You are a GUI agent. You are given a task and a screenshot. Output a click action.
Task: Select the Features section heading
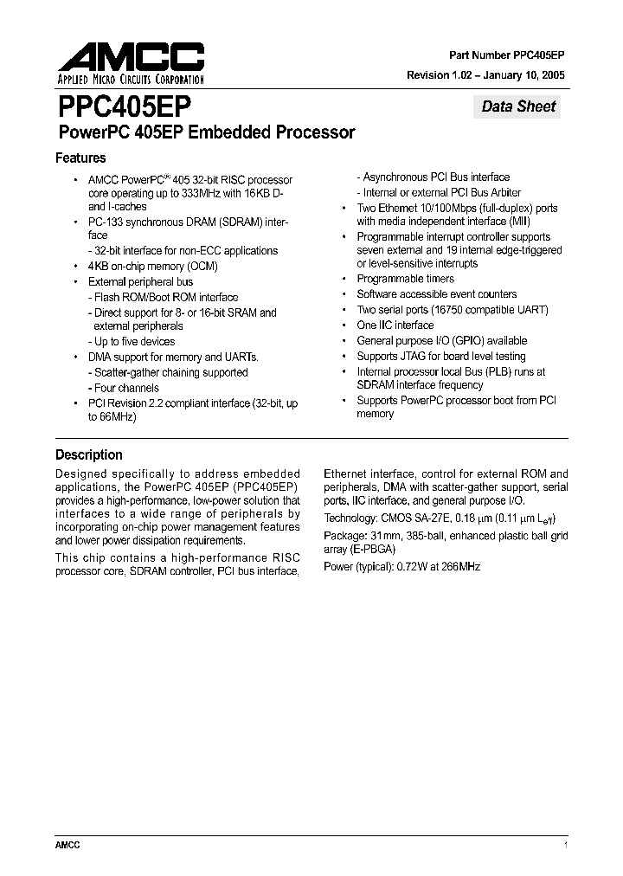click(80, 158)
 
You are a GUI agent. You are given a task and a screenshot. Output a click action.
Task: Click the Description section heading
click(89, 454)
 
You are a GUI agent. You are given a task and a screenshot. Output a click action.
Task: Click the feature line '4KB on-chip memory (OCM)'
click(141, 266)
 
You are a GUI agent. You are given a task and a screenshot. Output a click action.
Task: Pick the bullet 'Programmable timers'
click(405, 279)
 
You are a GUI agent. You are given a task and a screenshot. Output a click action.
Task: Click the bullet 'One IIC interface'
click(395, 325)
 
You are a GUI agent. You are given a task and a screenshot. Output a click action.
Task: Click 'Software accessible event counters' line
click(437, 294)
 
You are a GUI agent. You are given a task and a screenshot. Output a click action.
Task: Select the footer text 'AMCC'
click(67, 845)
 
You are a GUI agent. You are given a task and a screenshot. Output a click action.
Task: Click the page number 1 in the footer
click(565, 845)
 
